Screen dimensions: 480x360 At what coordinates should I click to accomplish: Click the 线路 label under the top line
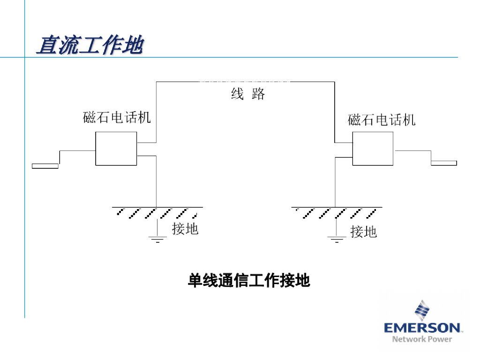point(248,94)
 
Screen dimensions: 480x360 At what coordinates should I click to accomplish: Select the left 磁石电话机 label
point(117,117)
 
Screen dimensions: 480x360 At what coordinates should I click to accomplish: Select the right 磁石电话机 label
point(381,120)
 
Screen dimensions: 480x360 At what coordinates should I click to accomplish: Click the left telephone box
point(116,148)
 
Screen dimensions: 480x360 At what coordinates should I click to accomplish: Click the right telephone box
point(373,148)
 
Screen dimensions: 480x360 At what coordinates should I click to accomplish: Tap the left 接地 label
point(185,229)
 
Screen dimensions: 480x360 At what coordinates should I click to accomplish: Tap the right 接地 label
point(363,231)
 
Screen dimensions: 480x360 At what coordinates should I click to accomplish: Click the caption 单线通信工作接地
point(248,281)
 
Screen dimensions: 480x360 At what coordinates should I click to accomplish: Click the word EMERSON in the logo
point(422,327)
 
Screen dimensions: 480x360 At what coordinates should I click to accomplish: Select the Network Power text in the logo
point(422,339)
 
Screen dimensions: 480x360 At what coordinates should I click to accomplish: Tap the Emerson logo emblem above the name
point(422,310)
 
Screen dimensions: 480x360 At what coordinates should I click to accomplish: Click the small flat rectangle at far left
point(45,165)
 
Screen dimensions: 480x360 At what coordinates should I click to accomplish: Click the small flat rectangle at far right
point(443,163)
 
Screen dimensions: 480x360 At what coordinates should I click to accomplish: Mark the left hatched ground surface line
point(157,208)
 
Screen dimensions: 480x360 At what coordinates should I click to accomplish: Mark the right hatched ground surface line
point(336,208)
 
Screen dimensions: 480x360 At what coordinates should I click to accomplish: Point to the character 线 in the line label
point(237,94)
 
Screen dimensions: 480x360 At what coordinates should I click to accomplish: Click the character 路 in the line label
point(258,94)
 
